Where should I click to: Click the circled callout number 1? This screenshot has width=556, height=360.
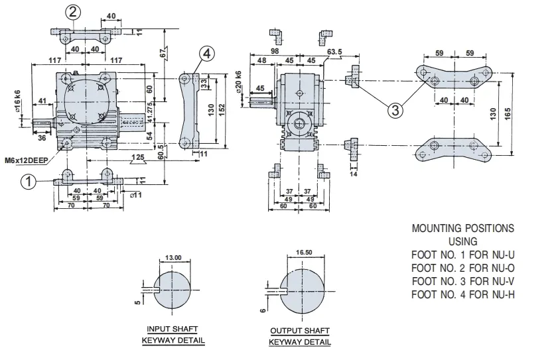pos(27,180)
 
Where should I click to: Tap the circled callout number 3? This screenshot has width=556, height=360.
pos(395,110)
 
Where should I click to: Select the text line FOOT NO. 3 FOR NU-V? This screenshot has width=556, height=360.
pos(462,280)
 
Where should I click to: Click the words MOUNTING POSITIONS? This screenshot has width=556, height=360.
pos(462,228)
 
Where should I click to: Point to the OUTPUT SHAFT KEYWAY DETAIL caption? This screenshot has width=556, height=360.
pos(299,336)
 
